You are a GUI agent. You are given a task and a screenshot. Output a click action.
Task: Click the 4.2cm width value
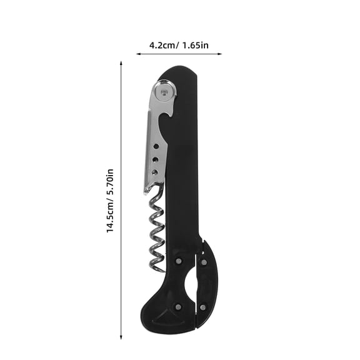pyautogui.click(x=161, y=45)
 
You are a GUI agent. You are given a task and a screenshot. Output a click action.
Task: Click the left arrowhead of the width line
pyautogui.click(x=138, y=54)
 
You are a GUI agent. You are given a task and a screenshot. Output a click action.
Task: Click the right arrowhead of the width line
pyautogui.click(x=220, y=54)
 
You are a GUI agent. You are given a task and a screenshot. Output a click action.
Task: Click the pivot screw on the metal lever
pyautogui.click(x=164, y=92)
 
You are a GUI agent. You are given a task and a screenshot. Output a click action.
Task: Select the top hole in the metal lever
pyautogui.click(x=156, y=145)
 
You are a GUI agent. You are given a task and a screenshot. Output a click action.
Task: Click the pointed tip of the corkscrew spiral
pyautogui.click(x=164, y=270)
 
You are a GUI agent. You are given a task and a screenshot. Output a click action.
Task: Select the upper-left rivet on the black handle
pyautogui.click(x=178, y=261)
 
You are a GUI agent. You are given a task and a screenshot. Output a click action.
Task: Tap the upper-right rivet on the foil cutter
pyautogui.click(x=204, y=262)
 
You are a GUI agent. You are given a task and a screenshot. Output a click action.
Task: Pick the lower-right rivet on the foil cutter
pyautogui.click(x=204, y=306)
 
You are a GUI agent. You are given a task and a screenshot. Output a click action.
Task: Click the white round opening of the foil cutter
pyautogui.click(x=190, y=284)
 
